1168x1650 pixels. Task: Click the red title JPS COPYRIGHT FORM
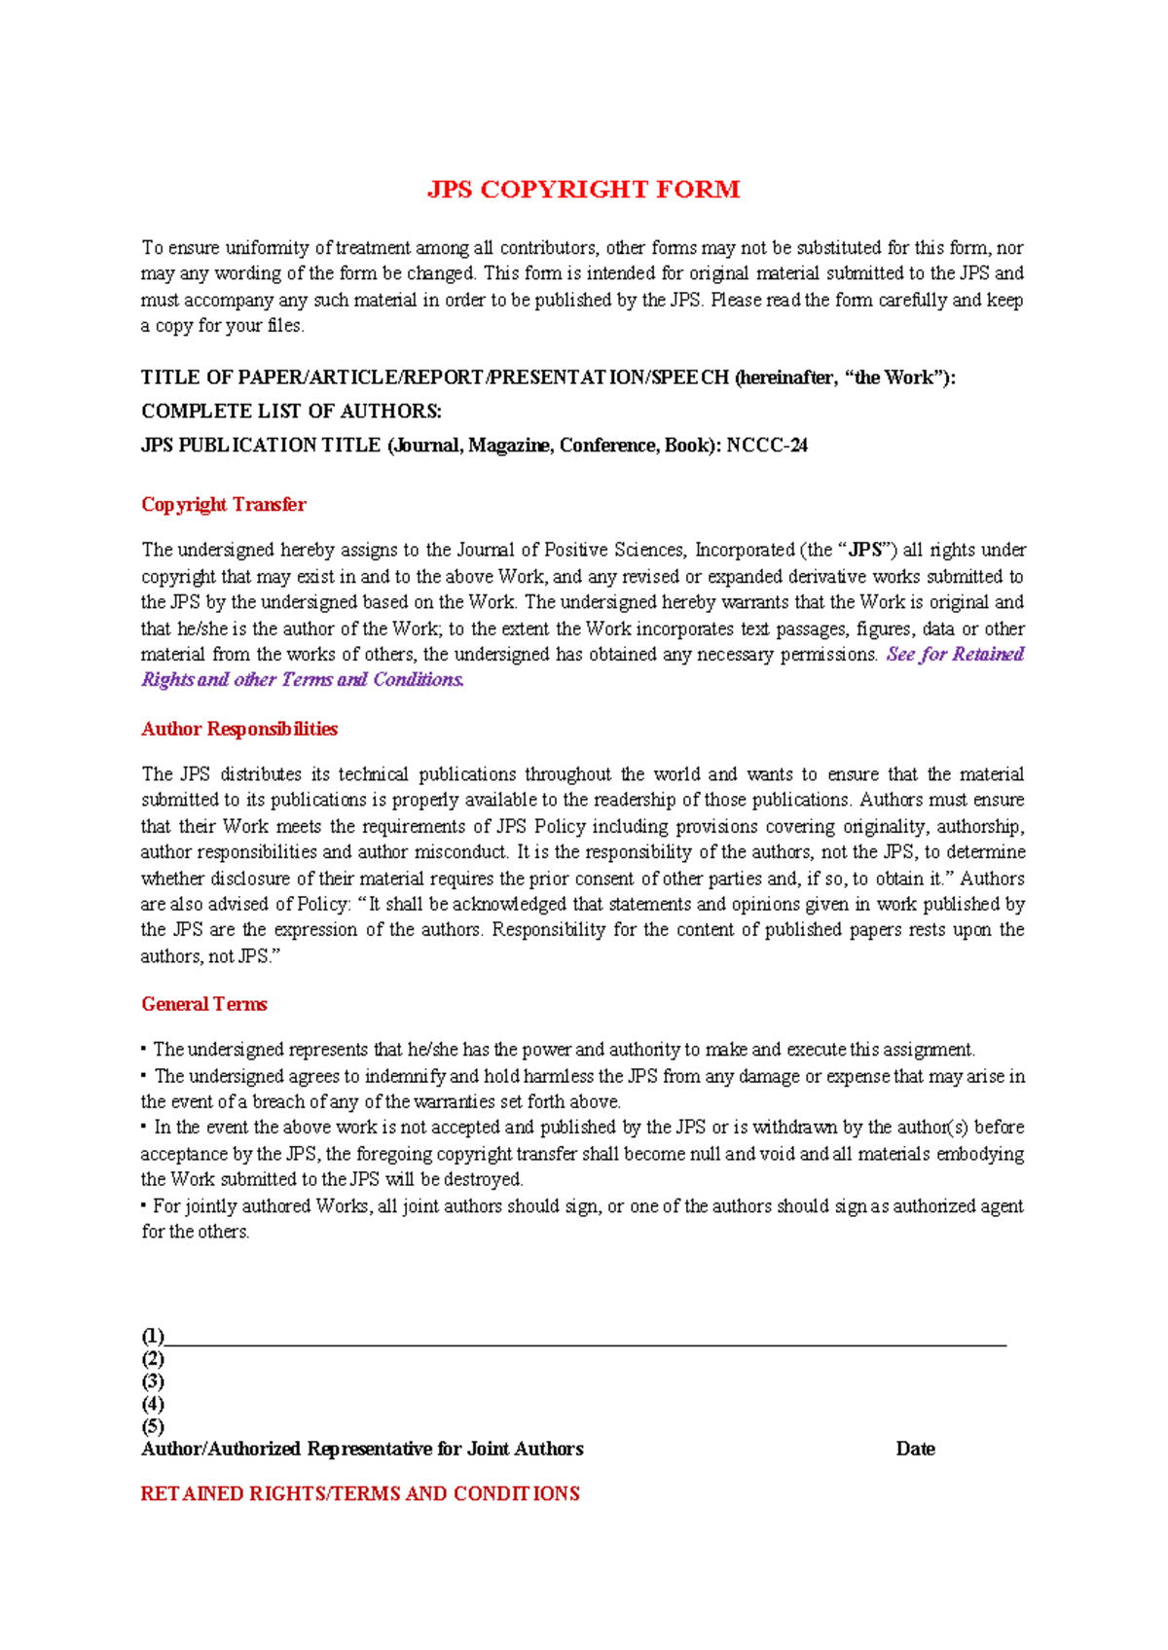click(x=583, y=189)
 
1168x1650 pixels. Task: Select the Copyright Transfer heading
click(x=223, y=504)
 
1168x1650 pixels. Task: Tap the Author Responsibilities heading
click(x=239, y=729)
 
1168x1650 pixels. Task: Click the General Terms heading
click(x=204, y=1004)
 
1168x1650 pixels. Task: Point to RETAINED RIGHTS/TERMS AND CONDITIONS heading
click(x=360, y=1493)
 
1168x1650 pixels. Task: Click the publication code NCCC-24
click(x=767, y=446)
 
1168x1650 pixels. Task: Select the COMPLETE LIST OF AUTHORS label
click(x=291, y=412)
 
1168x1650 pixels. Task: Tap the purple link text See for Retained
click(x=954, y=654)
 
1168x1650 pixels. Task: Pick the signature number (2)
click(x=153, y=1359)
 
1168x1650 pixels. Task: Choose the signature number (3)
click(x=153, y=1381)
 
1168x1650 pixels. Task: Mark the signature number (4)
click(x=153, y=1404)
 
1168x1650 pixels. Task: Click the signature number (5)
click(x=153, y=1426)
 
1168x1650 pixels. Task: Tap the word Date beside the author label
click(x=915, y=1449)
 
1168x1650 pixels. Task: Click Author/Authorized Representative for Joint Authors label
click(x=362, y=1449)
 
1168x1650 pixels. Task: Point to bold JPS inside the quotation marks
click(x=865, y=550)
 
